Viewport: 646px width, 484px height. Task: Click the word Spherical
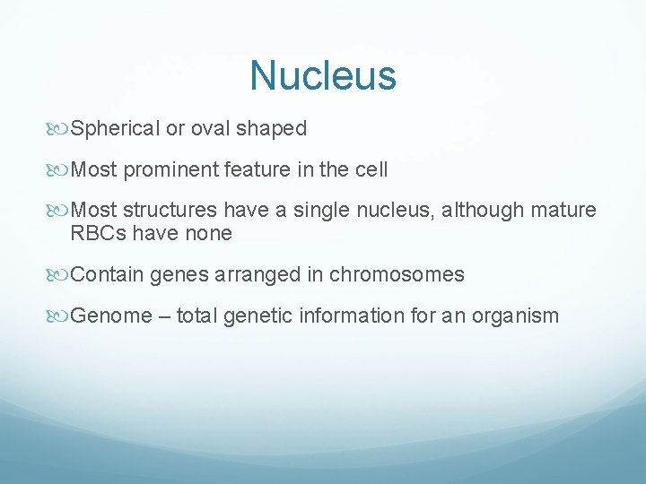[116, 129]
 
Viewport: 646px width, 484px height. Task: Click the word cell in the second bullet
[371, 169]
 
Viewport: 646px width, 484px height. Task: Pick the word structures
[170, 211]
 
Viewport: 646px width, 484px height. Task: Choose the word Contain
[107, 275]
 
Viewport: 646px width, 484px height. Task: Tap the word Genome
[111, 316]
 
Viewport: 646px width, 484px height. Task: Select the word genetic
[265, 316]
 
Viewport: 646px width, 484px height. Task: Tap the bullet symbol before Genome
[61, 316]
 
